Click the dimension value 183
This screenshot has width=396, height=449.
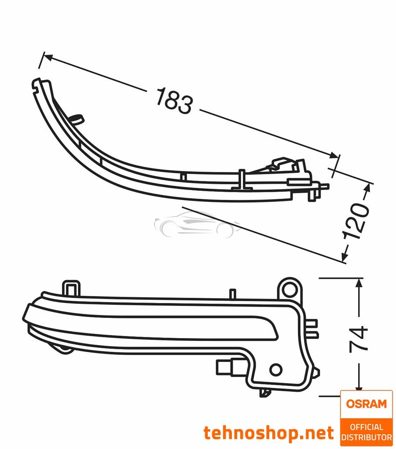tap(174, 101)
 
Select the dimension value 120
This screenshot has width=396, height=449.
tap(356, 221)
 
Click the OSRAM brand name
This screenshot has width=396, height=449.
tap(366, 404)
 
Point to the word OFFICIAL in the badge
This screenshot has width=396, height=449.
tap(367, 427)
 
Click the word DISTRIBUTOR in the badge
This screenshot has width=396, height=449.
tap(367, 437)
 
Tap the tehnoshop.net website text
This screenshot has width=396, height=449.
tap(269, 433)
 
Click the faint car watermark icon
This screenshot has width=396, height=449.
tap(197, 225)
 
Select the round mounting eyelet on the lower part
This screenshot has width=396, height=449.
tap(290, 288)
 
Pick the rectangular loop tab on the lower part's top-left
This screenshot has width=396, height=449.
tap(71, 287)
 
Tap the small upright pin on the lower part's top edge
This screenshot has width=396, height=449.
tap(233, 294)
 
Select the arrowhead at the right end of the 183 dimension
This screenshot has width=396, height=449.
tap(334, 156)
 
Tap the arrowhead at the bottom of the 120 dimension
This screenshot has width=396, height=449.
tap(345, 256)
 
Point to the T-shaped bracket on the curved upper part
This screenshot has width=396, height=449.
tap(242, 180)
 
